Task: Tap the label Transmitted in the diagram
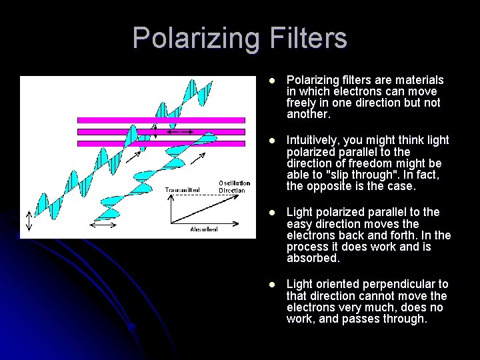tap(182, 190)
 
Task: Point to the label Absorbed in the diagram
tap(203, 229)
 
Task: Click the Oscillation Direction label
tap(235, 187)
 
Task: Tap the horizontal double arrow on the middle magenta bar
tap(179, 132)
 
